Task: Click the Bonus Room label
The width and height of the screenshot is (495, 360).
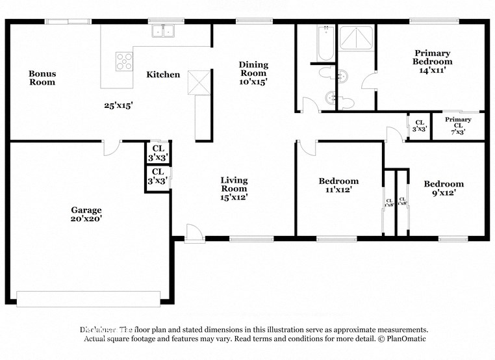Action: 42,78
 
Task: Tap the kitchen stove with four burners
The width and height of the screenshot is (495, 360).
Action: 123,61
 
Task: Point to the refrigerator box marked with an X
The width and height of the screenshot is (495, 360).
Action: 197,83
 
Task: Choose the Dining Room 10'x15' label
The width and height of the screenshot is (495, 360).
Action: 253,73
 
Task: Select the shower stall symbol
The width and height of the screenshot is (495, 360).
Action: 357,40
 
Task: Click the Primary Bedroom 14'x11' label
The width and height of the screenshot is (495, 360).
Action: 433,61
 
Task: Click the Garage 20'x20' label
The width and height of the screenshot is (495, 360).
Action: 86,214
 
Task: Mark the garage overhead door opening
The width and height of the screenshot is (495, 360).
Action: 88,298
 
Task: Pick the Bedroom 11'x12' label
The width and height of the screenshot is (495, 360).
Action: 338,185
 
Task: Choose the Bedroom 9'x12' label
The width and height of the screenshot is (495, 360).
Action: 444,188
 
